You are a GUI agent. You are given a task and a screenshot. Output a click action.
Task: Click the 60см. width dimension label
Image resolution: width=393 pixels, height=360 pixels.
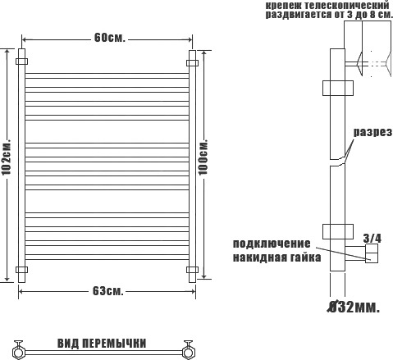(x=109, y=38)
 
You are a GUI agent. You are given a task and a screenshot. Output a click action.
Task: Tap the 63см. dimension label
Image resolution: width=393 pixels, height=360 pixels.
(x=108, y=291)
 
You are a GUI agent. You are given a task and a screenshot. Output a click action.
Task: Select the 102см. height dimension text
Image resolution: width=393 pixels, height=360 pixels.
(x=7, y=157)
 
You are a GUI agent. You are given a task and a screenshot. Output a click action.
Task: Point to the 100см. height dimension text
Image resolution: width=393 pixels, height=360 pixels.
(x=203, y=157)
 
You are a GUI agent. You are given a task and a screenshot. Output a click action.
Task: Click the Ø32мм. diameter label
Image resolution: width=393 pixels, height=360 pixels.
(x=354, y=308)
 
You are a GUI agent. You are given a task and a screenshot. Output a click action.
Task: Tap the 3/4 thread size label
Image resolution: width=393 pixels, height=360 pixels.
(x=372, y=239)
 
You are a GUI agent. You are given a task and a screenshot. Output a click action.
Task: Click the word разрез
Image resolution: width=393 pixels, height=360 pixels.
(x=372, y=132)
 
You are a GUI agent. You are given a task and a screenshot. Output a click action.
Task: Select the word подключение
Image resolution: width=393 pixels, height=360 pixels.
(x=272, y=244)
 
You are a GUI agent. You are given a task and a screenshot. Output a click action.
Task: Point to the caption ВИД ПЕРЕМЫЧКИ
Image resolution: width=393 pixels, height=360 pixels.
(x=102, y=344)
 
